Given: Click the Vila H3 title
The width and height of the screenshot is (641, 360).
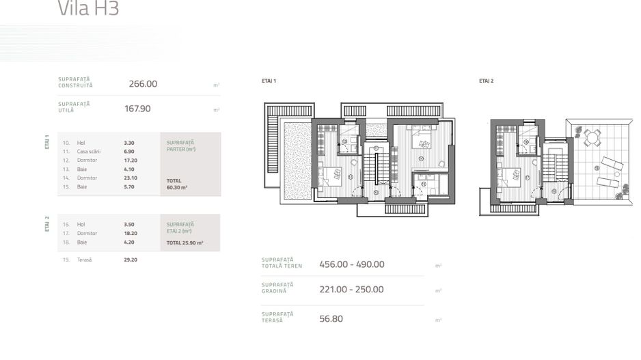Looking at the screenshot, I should (x=88, y=10).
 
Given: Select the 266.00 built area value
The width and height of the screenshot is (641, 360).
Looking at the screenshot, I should (x=143, y=84).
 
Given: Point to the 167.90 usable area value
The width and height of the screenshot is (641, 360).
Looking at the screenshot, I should (x=137, y=109).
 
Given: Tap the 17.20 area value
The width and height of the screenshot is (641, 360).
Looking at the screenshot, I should (x=131, y=160).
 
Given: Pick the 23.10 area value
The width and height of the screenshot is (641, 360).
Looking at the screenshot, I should (x=131, y=178).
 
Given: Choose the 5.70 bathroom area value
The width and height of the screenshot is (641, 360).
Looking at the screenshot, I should (x=129, y=186).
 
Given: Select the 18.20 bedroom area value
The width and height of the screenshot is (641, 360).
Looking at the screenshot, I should (x=131, y=233).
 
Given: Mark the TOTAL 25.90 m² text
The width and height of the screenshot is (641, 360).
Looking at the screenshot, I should (x=185, y=243).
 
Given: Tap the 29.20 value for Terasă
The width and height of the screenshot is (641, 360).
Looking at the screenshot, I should (x=131, y=260).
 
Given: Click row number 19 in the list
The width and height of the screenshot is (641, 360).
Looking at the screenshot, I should (x=66, y=260).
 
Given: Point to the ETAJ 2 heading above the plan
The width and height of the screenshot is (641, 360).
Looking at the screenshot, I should (x=486, y=81).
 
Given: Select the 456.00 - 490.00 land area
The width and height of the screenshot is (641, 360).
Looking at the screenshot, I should (x=351, y=264).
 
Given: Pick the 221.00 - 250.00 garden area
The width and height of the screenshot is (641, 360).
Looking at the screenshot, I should (x=351, y=290).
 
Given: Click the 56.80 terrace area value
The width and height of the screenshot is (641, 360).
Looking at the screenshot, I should (x=331, y=318).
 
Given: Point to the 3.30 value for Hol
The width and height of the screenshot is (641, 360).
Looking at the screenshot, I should (x=129, y=143).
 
